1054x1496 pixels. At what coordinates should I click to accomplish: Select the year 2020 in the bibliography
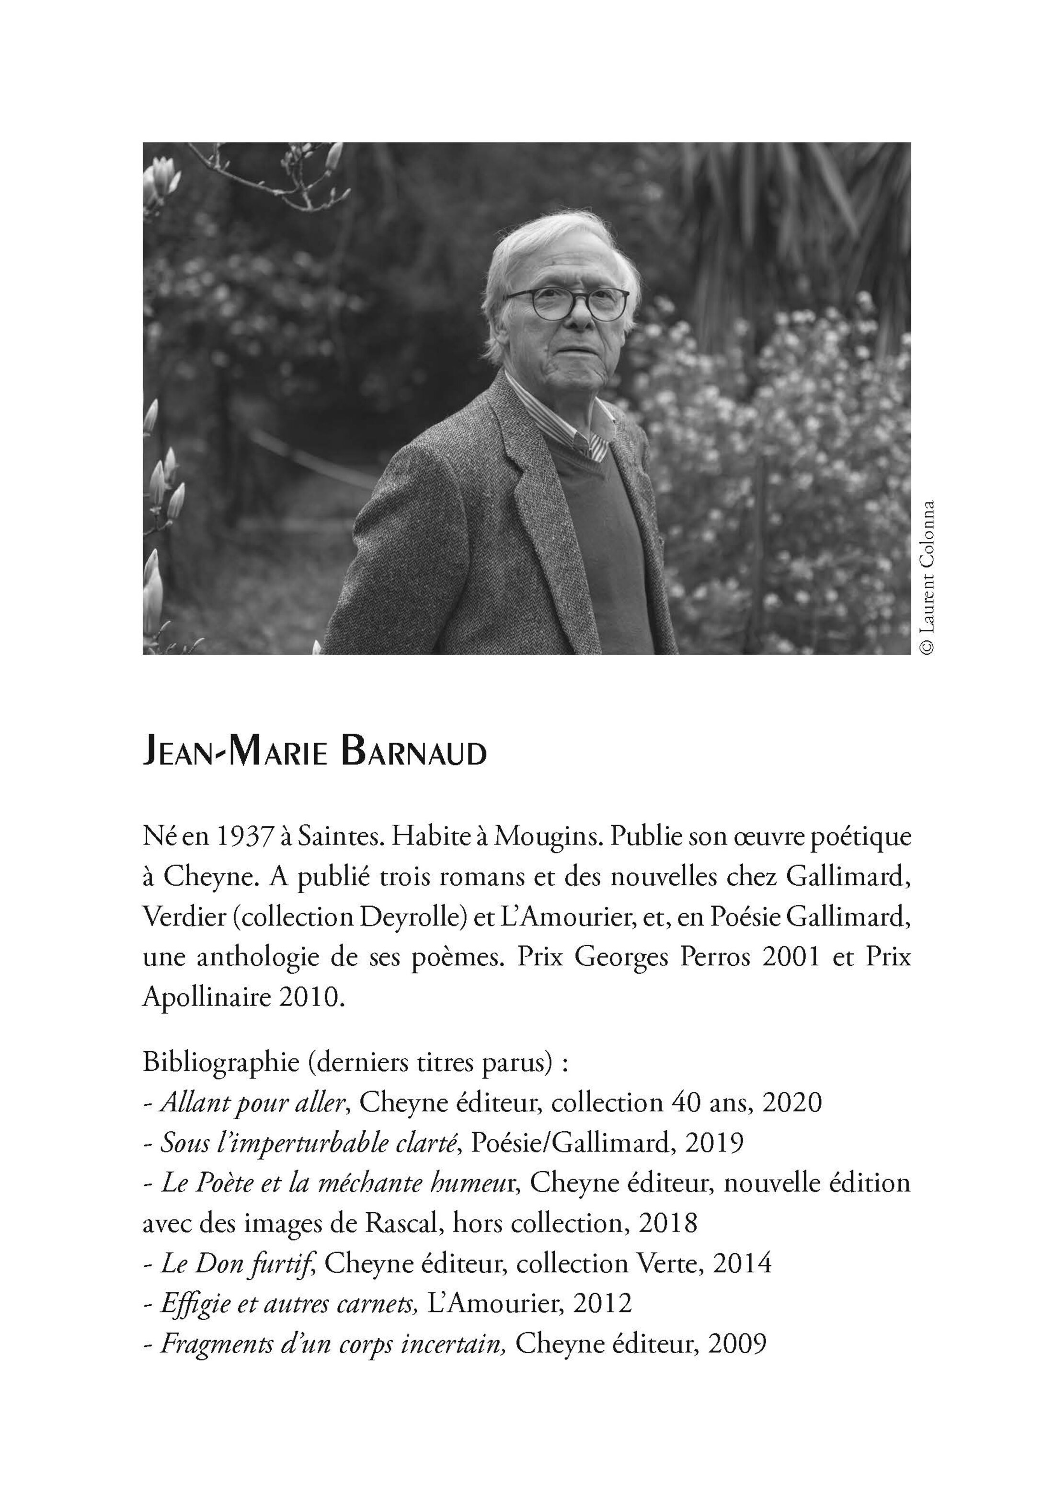[x=791, y=1103]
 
